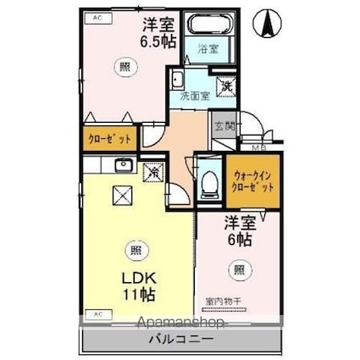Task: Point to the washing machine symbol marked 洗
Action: click(x=226, y=85)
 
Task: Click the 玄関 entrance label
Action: click(x=223, y=126)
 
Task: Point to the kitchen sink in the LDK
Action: click(x=124, y=165)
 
